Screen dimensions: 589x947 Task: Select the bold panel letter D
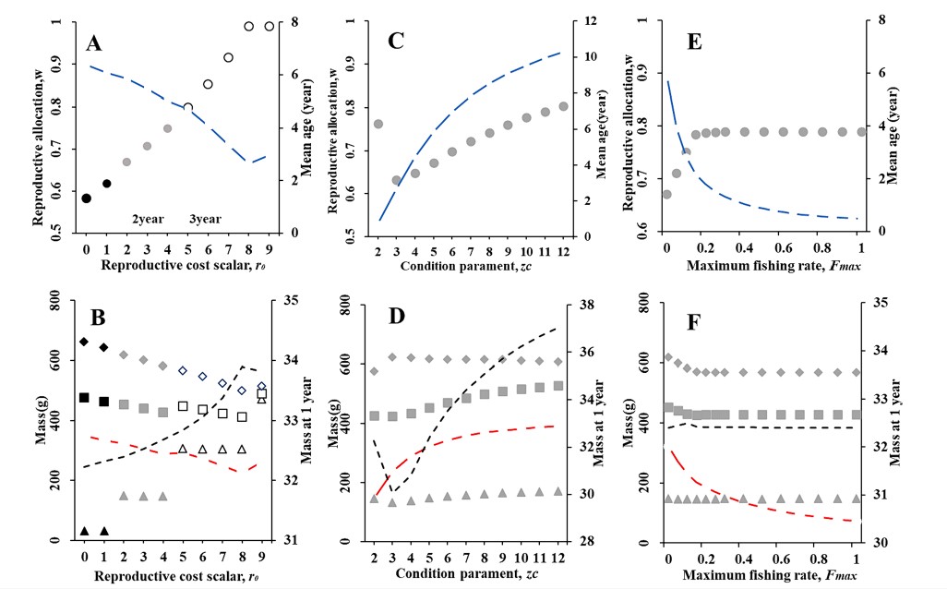click(x=397, y=319)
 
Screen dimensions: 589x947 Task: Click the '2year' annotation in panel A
click(x=148, y=219)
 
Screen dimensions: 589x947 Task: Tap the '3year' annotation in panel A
click(x=205, y=219)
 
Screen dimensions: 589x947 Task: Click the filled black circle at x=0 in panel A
click(x=86, y=198)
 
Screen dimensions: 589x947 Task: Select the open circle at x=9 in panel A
click(x=270, y=26)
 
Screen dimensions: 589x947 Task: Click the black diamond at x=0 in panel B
click(x=84, y=342)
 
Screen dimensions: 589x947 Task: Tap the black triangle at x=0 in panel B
click(x=84, y=531)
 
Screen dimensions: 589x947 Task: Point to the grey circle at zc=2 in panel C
click(x=378, y=124)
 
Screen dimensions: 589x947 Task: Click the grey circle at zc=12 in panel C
click(x=563, y=106)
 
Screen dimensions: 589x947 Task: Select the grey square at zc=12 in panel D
click(x=557, y=386)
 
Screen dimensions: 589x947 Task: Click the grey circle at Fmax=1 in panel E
click(x=861, y=131)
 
